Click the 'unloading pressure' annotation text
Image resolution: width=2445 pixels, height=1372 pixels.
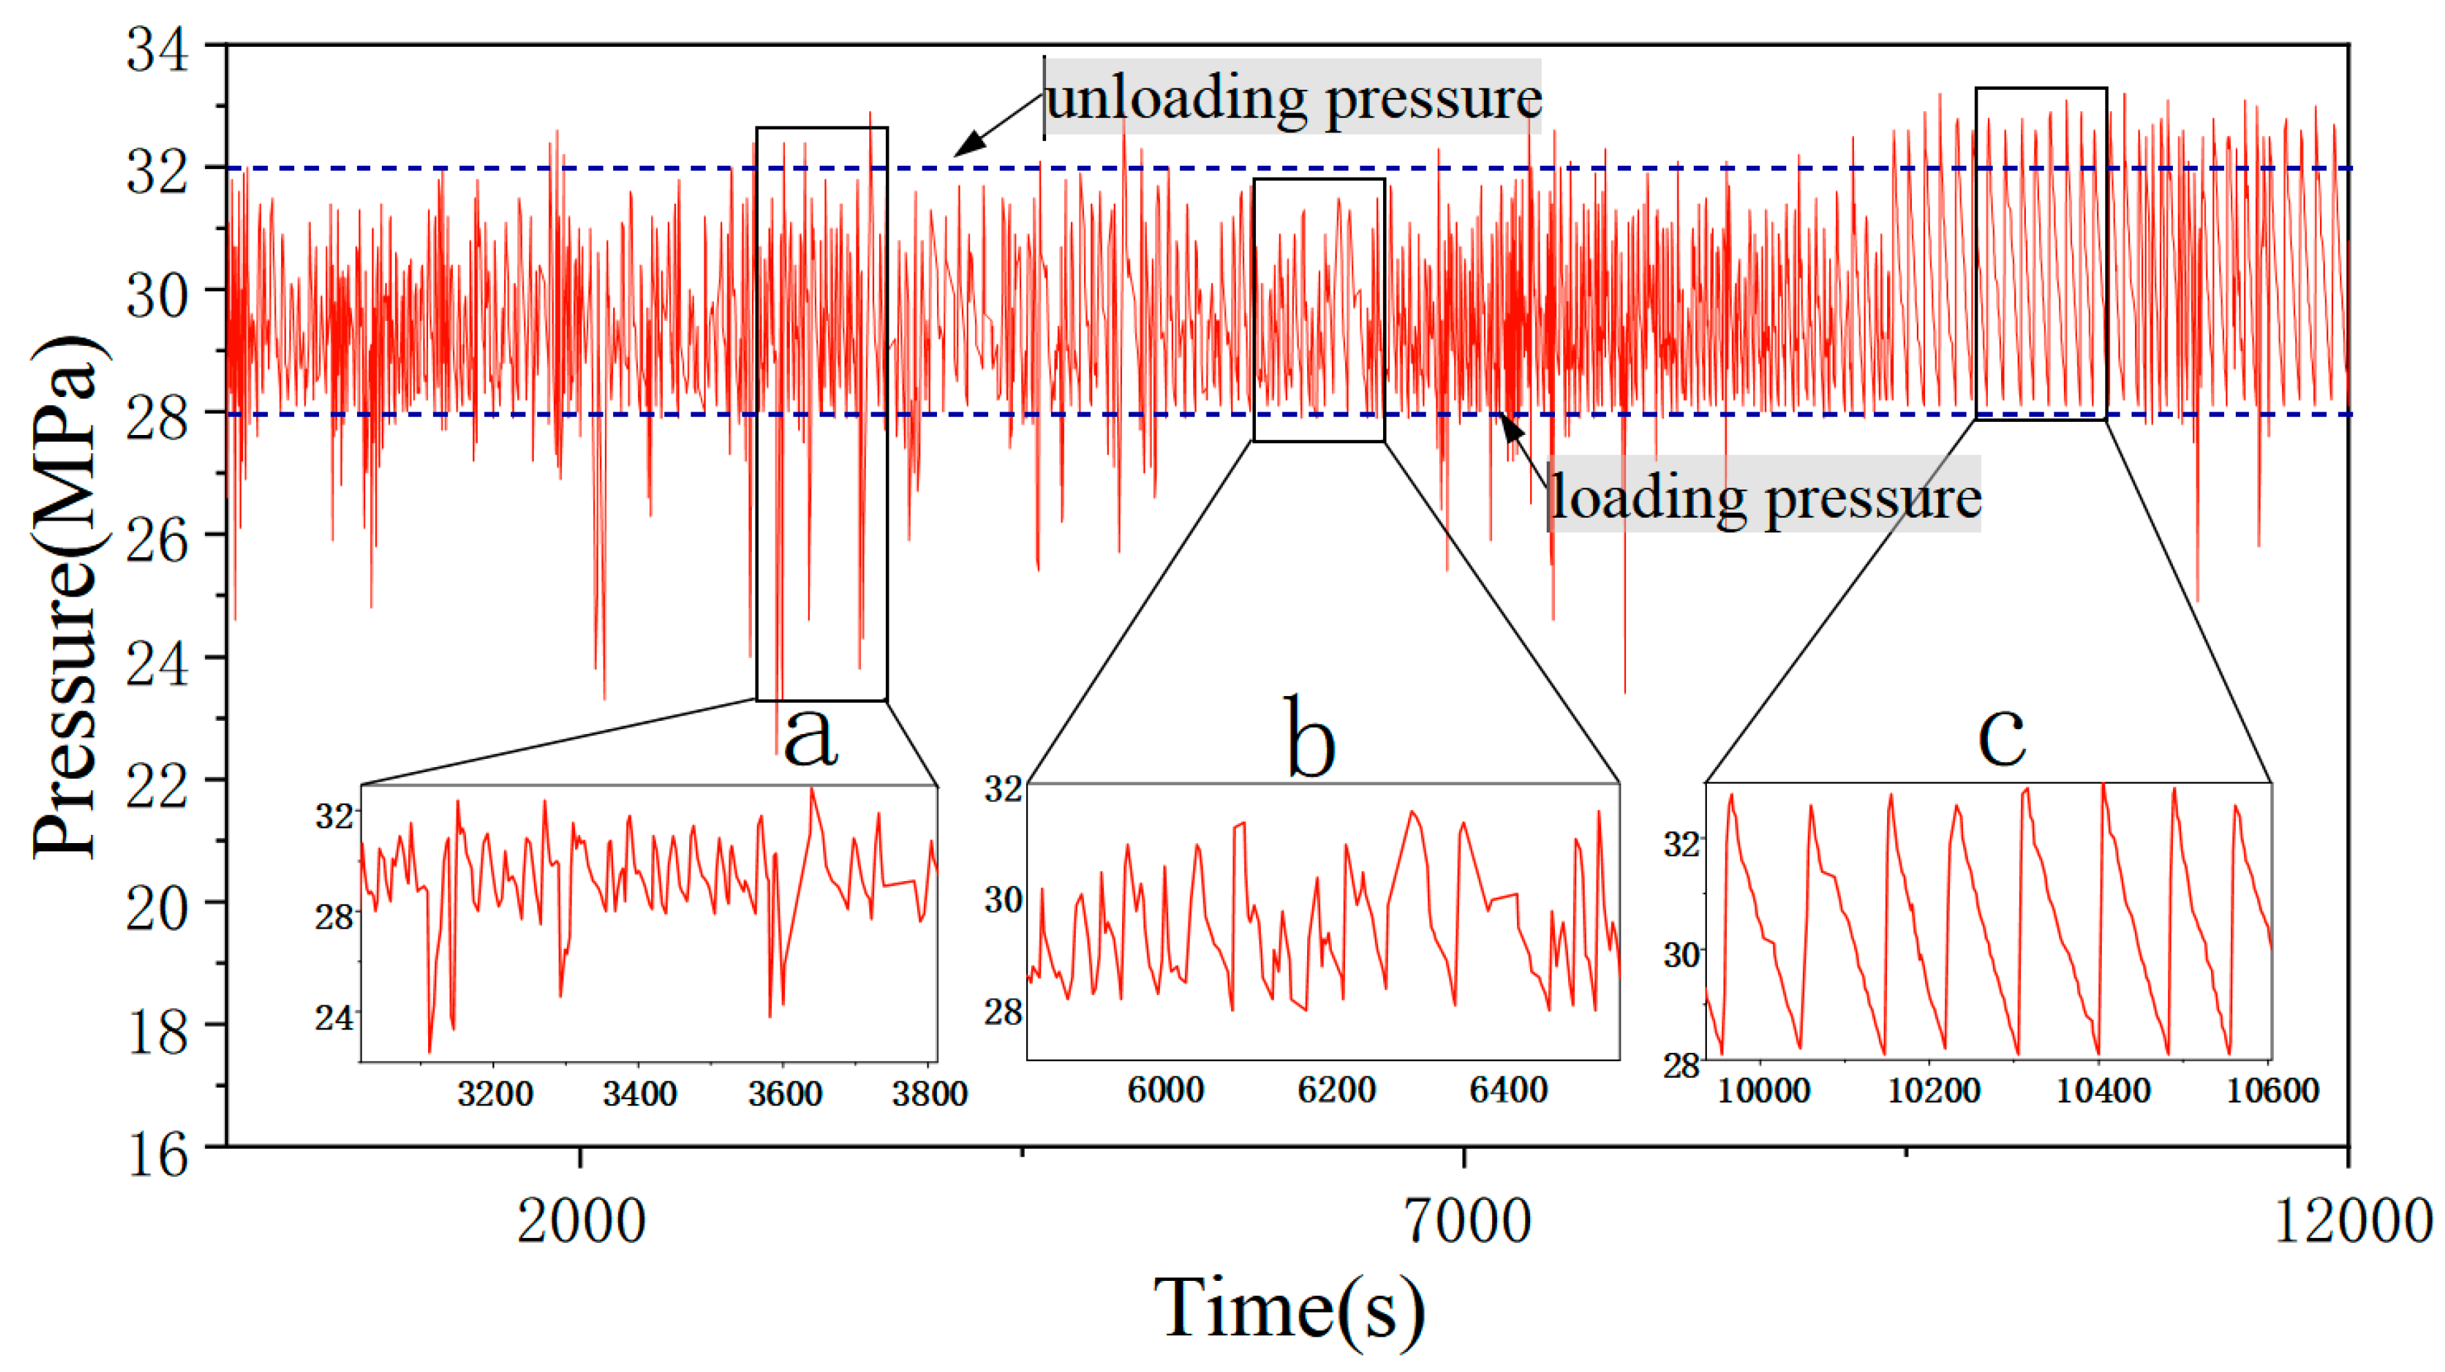[x=1293, y=98]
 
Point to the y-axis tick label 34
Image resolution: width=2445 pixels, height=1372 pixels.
[x=159, y=50]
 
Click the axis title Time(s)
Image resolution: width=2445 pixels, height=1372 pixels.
[x=1289, y=1309]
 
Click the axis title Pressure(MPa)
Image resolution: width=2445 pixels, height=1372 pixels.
[x=66, y=598]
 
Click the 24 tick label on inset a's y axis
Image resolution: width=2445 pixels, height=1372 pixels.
[x=334, y=1018]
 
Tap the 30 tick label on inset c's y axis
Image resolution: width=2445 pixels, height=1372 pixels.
[x=1682, y=954]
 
